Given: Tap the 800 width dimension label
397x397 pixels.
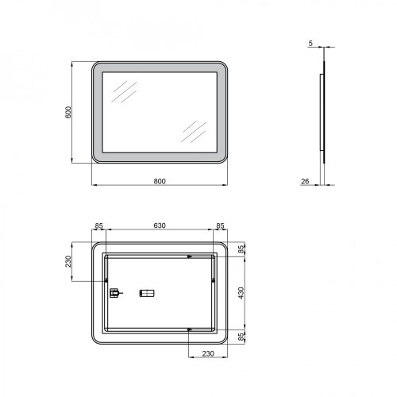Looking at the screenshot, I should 160,180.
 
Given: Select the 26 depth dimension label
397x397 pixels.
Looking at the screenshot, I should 305,181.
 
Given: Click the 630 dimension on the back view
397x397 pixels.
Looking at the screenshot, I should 160,226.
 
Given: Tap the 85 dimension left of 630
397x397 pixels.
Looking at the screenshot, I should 99,226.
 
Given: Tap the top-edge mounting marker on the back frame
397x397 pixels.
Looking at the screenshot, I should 189,256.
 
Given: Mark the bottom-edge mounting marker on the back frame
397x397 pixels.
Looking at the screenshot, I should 189,329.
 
